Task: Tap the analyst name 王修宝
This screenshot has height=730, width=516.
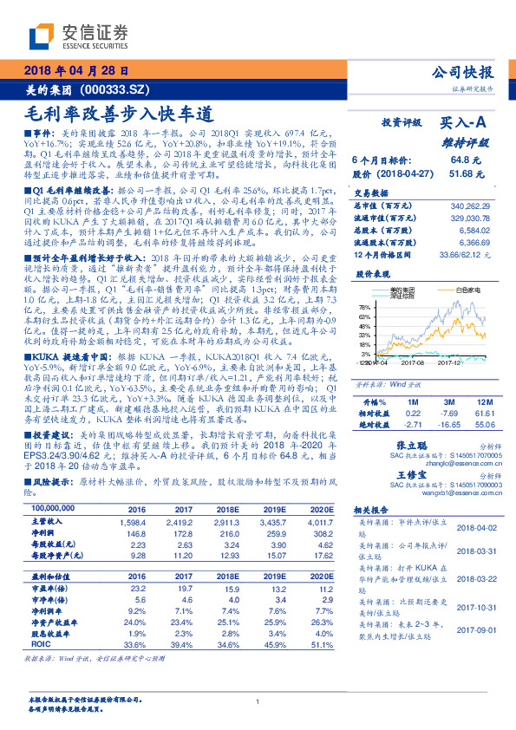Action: (x=434, y=477)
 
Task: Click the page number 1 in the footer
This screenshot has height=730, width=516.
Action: (x=258, y=701)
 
